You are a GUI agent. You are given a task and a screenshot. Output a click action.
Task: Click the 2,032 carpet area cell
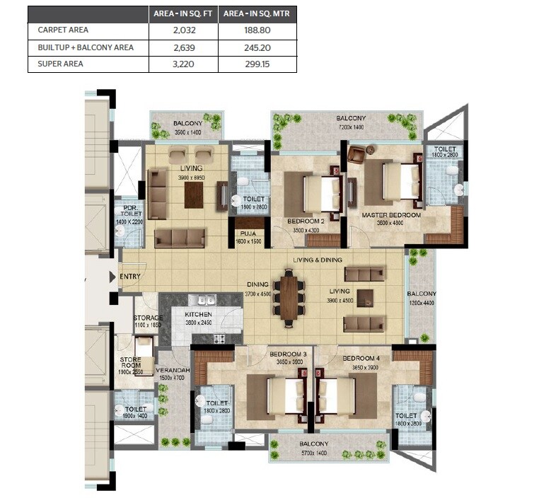point(183,31)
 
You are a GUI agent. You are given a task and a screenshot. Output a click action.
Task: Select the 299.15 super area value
point(257,64)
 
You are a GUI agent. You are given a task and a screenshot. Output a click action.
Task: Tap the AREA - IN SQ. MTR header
point(257,14)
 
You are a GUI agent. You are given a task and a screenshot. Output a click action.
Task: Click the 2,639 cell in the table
point(183,47)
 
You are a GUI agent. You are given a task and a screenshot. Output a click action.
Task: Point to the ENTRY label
point(130,276)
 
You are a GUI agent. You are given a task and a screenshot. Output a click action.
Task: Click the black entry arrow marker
point(113,277)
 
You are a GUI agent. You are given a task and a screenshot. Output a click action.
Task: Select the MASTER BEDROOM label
point(391,215)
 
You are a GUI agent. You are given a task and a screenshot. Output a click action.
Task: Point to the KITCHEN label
point(199,314)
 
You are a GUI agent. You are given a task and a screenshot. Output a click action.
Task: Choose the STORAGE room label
point(149,318)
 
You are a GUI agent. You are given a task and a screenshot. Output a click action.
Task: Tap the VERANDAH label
point(172,371)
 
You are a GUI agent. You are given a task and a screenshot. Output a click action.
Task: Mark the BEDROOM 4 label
point(361,358)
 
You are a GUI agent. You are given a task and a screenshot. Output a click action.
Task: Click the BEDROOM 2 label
point(306,221)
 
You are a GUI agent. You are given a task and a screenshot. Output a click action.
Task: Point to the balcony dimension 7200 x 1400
point(350,127)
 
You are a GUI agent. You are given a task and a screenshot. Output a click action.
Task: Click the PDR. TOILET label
point(130,209)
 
